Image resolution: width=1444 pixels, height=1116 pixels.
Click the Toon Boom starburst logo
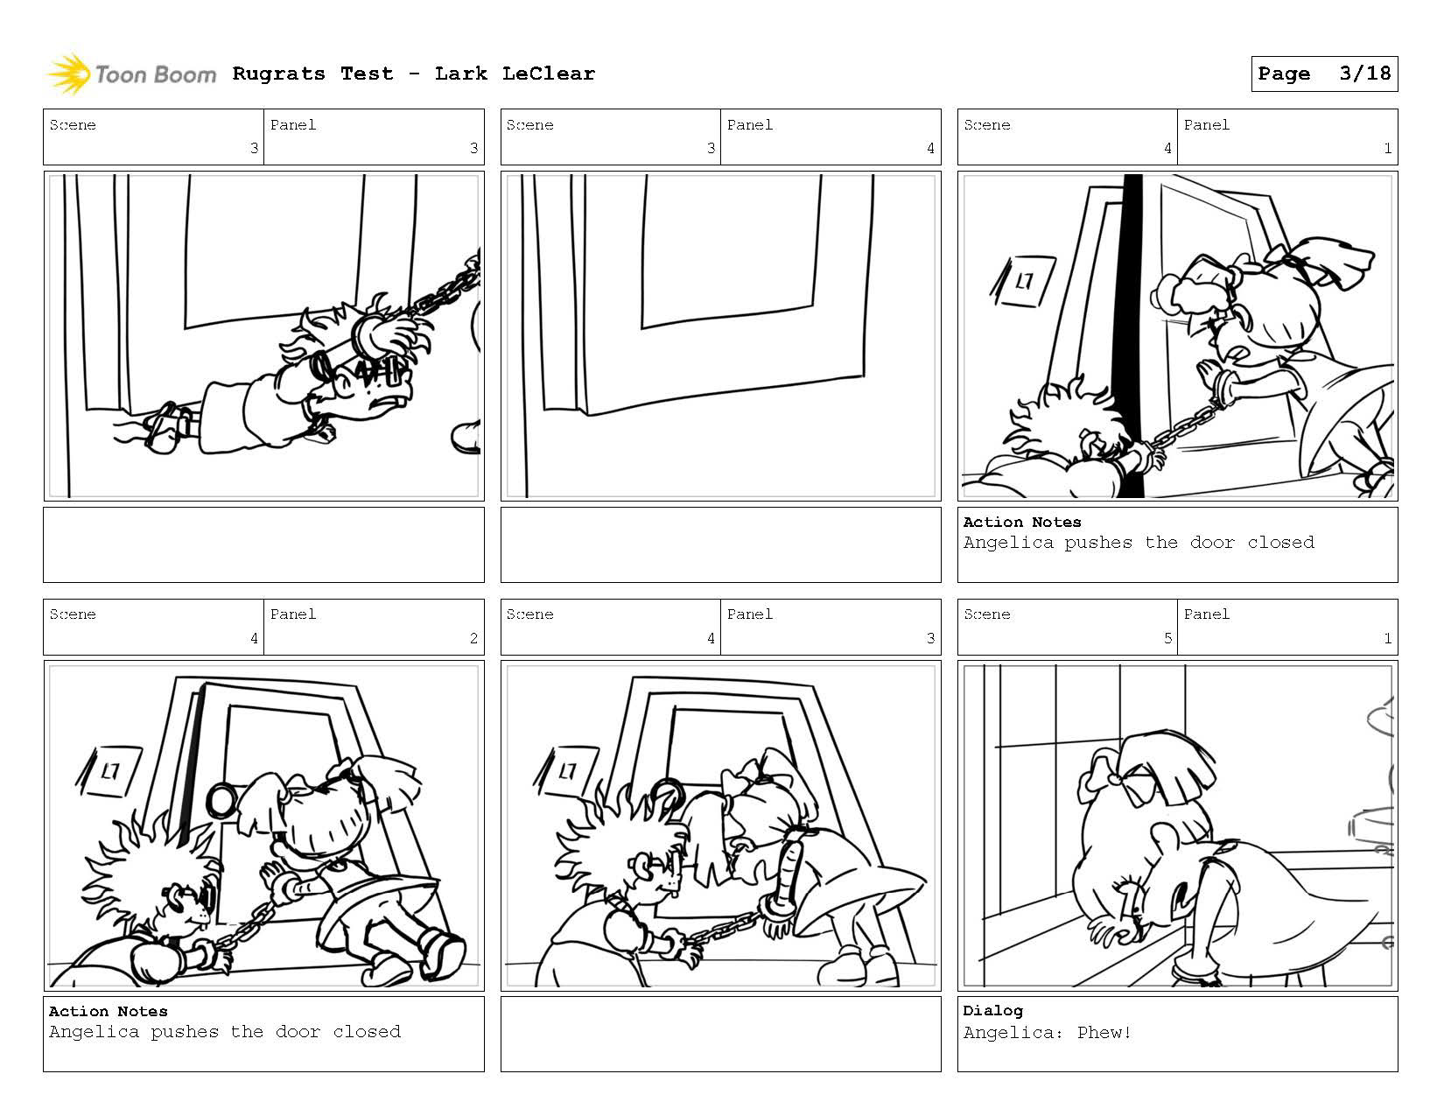(68, 74)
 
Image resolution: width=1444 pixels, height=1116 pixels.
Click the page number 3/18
(1365, 74)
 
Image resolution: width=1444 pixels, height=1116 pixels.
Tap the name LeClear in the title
(548, 74)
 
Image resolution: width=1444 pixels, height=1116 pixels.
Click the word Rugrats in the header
(278, 74)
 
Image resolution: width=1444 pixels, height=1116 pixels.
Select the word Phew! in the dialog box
(1104, 1032)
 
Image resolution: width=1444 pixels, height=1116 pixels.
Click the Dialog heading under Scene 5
(992, 1011)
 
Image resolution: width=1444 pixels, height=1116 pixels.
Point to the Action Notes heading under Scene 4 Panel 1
(1022, 522)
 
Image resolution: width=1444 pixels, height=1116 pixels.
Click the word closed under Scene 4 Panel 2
(367, 1032)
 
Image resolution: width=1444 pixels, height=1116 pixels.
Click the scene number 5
(1167, 638)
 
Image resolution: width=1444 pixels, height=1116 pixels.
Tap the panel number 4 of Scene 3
(930, 148)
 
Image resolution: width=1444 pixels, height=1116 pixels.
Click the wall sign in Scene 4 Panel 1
(1023, 281)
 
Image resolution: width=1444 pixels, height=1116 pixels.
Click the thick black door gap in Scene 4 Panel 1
(1130, 335)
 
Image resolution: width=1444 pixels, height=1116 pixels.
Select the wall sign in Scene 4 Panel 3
(564, 771)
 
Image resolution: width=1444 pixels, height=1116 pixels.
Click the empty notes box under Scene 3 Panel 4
(721, 545)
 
